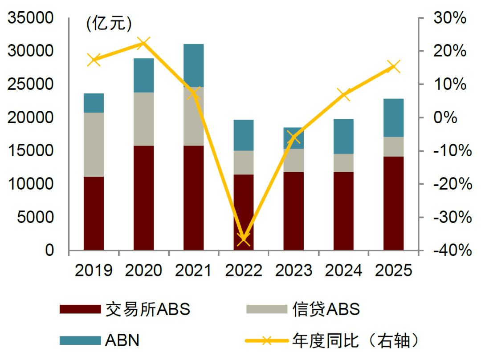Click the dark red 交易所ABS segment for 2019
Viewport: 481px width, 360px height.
point(94,213)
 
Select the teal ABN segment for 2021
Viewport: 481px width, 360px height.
point(193,65)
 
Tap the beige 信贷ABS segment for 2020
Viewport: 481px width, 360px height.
point(143,119)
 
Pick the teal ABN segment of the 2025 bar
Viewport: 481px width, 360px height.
point(393,117)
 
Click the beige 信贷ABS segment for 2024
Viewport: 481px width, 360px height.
point(343,163)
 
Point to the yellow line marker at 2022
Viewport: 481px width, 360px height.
point(243,239)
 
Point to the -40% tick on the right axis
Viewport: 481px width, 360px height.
point(447,251)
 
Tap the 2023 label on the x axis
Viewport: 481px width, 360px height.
point(293,270)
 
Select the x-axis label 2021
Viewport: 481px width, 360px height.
point(193,270)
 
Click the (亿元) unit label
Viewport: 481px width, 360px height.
point(109,24)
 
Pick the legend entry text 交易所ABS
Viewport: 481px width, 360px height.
point(147,309)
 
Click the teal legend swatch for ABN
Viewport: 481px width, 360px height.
point(80,340)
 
